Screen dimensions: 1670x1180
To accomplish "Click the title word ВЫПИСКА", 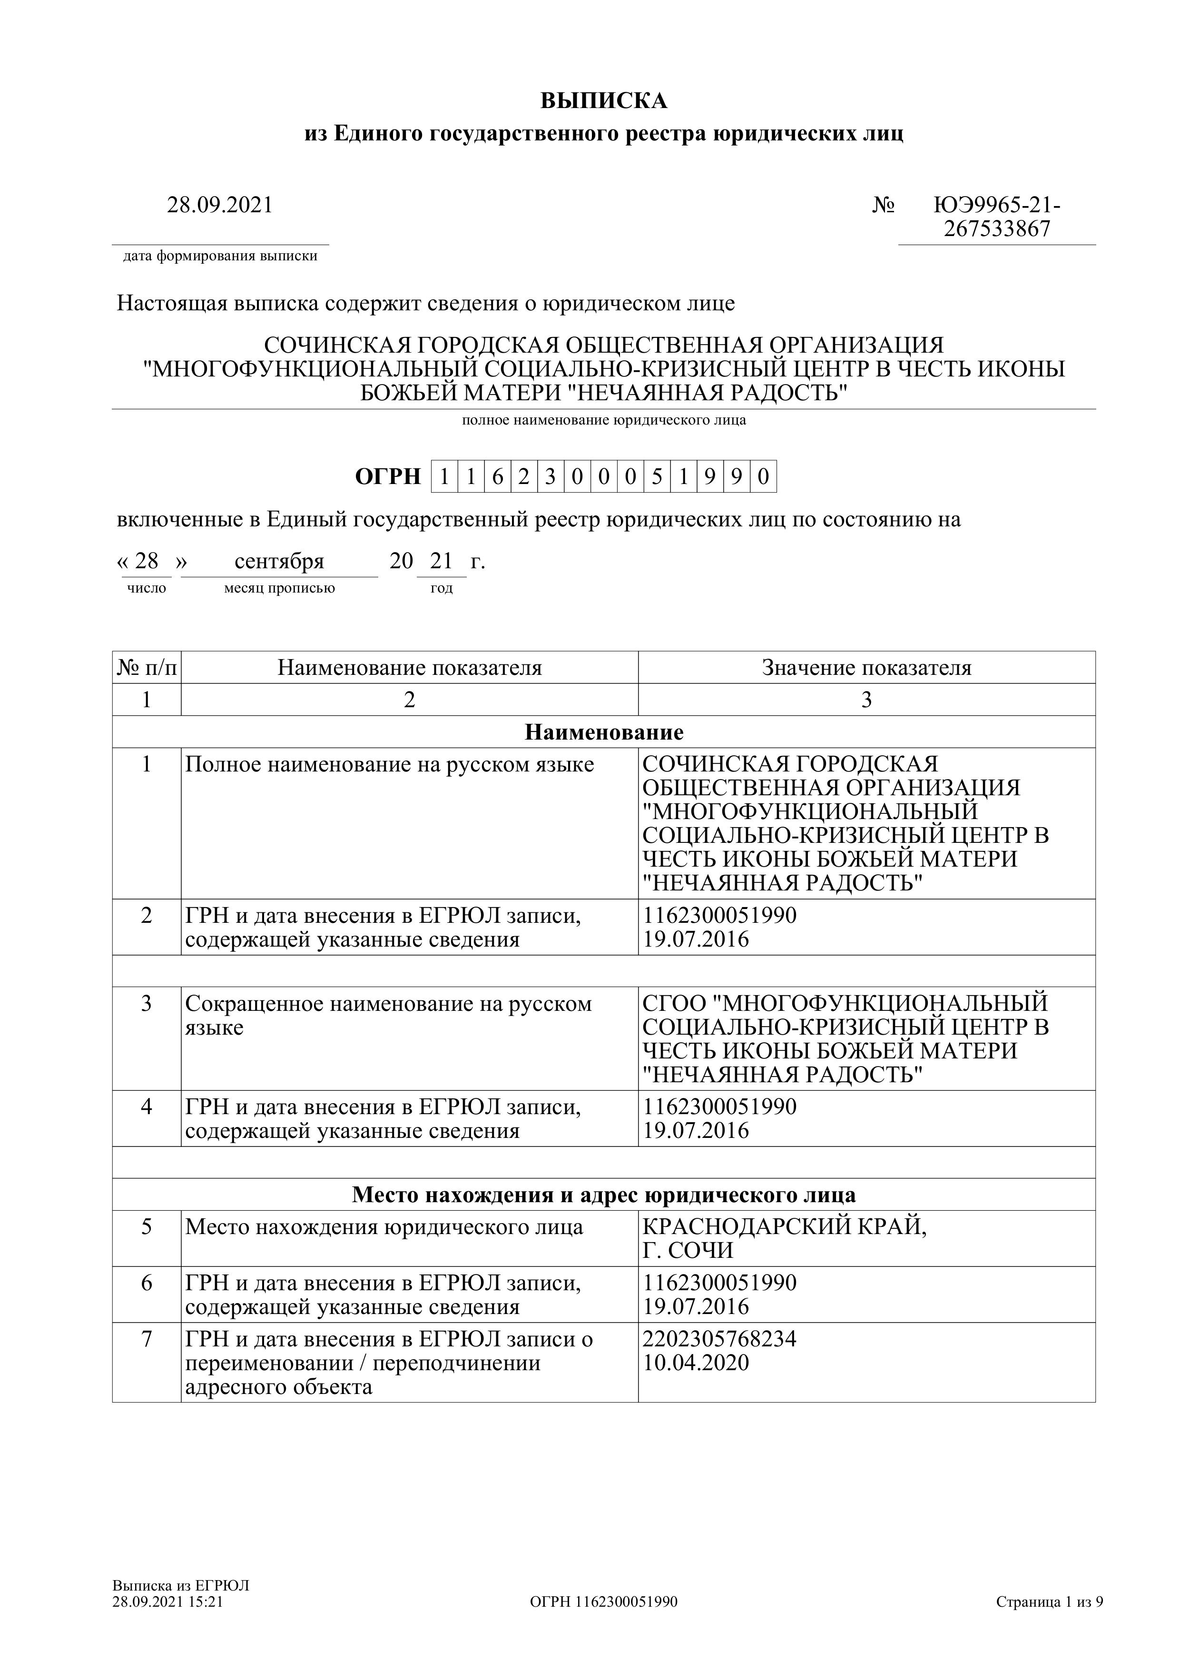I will tap(603, 101).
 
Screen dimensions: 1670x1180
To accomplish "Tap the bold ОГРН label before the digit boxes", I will tap(387, 476).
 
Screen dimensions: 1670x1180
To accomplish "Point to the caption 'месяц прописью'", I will tap(279, 588).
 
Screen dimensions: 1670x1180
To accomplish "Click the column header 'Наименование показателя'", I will tap(409, 668).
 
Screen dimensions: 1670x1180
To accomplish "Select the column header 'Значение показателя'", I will tap(866, 668).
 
